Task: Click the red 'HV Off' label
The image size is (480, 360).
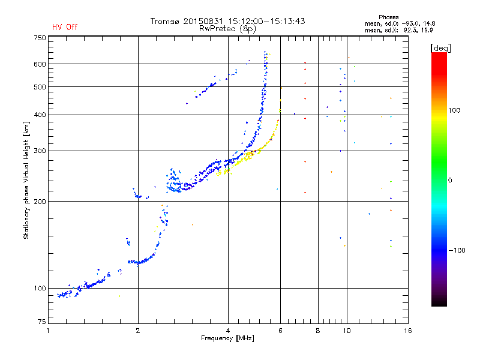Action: tap(64, 27)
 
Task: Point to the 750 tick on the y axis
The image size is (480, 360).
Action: tap(40, 37)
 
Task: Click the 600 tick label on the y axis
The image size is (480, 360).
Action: tap(40, 64)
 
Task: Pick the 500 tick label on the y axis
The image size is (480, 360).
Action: tap(40, 87)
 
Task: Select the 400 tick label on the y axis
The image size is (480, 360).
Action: tap(40, 115)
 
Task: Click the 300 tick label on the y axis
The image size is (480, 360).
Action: tap(40, 151)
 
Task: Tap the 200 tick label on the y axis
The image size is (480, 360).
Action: tap(40, 202)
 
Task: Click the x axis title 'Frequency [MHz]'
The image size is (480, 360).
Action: tap(228, 339)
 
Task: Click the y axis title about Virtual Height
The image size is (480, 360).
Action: tap(26, 180)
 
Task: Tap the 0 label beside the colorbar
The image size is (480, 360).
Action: tap(451, 180)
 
